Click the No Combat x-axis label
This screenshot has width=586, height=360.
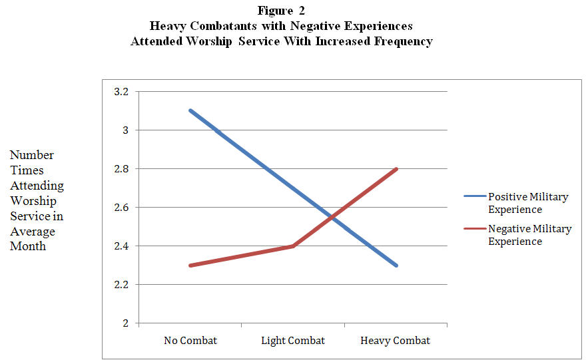pyautogui.click(x=190, y=341)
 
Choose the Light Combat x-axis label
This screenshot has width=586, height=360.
pyautogui.click(x=293, y=341)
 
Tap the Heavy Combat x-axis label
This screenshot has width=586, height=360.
pyautogui.click(x=396, y=341)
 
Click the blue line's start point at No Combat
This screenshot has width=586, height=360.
pyautogui.click(x=190, y=111)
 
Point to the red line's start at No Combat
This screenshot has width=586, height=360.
pyautogui.click(x=190, y=266)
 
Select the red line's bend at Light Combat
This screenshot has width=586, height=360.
pyautogui.click(x=293, y=246)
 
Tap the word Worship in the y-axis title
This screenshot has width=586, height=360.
pyautogui.click(x=33, y=201)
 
